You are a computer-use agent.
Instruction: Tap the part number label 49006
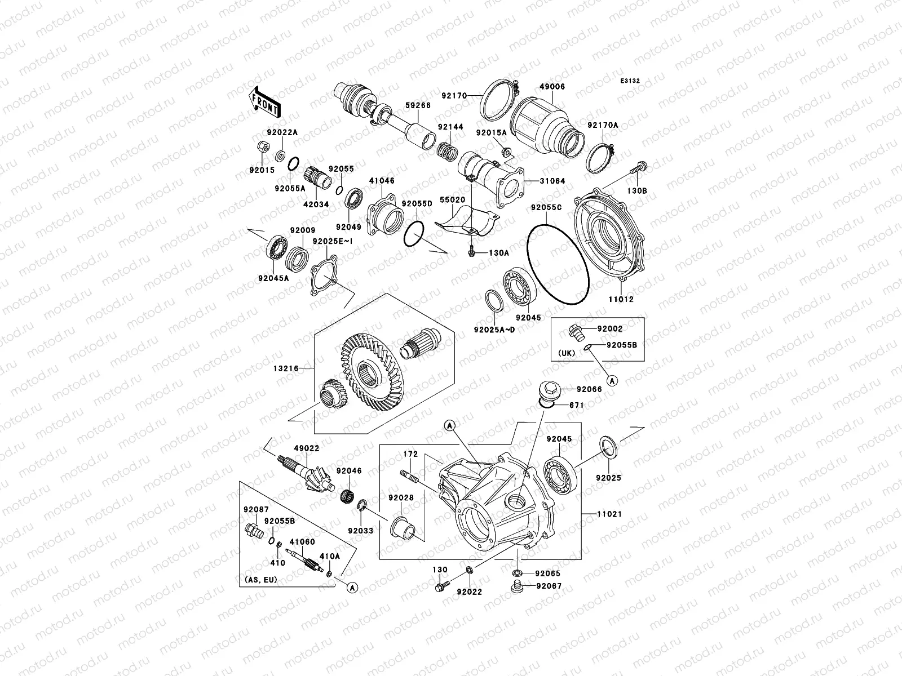point(552,87)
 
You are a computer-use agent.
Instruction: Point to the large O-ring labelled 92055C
point(558,265)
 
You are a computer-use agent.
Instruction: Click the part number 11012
point(620,300)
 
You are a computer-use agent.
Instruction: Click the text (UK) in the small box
point(567,354)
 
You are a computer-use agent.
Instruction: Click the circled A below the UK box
point(612,380)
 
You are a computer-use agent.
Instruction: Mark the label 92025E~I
point(332,242)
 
